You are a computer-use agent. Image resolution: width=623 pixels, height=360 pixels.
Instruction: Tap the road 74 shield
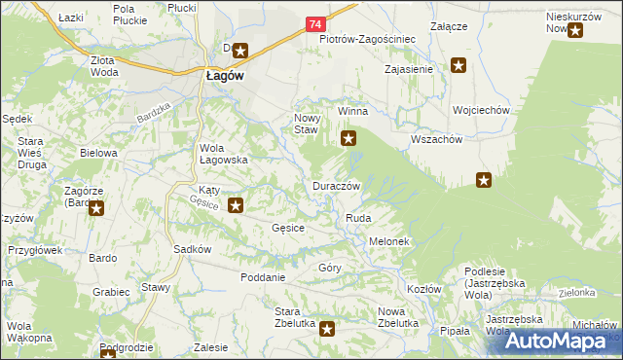[x=313, y=22]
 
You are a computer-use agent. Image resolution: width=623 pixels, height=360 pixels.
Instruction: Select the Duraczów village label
[x=338, y=185]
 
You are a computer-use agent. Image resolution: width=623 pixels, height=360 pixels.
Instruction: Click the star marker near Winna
[x=348, y=139]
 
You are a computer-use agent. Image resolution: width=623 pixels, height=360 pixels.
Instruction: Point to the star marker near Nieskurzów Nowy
[x=575, y=30]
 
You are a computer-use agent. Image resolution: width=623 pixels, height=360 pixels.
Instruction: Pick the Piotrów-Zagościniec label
[x=368, y=39]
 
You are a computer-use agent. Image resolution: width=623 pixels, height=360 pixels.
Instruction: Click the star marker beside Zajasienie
[x=458, y=66]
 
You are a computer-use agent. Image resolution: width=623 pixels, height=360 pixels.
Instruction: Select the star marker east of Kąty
[x=236, y=205]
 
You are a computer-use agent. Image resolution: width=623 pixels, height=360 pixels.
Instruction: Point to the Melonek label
[x=387, y=240]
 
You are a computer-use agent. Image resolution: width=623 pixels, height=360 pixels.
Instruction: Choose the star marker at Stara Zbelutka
[x=327, y=330]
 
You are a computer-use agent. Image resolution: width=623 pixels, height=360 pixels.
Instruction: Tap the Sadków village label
[x=193, y=248]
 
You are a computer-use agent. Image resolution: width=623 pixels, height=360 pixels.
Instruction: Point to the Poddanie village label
[x=263, y=276]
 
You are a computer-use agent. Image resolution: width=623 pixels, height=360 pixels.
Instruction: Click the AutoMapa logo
[x=560, y=340]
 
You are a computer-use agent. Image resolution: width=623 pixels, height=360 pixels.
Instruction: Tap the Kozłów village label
[x=424, y=289]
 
